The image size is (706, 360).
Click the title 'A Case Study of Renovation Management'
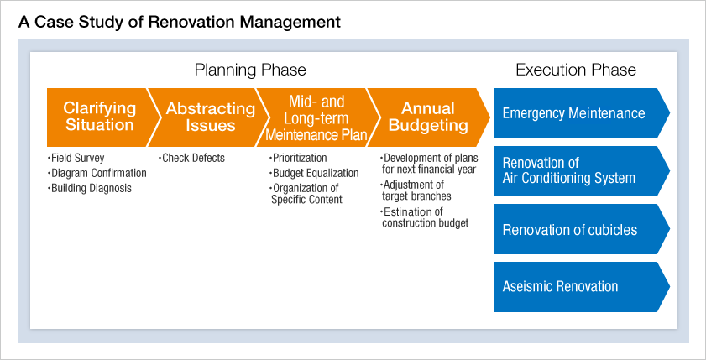click(179, 22)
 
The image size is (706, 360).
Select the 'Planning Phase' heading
click(250, 70)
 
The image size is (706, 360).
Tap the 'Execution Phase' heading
click(576, 70)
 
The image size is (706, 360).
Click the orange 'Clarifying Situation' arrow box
click(99, 117)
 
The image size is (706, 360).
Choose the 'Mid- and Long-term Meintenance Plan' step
click(316, 117)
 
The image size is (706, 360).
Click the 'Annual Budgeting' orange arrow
click(428, 117)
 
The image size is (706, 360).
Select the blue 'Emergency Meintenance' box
click(582, 113)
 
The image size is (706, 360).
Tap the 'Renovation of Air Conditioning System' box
click(582, 171)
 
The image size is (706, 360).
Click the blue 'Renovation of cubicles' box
click(582, 229)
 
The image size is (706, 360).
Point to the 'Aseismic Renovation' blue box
click(582, 287)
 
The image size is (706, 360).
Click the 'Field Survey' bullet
click(76, 158)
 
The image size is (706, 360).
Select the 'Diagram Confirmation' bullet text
click(97, 173)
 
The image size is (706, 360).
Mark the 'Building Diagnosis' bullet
click(90, 188)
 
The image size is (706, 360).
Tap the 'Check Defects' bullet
click(191, 158)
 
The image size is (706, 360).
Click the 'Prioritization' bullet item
click(298, 158)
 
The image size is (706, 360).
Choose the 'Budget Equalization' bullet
click(314, 173)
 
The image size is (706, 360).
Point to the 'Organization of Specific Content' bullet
click(306, 194)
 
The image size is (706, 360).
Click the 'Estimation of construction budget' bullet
click(425, 217)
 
